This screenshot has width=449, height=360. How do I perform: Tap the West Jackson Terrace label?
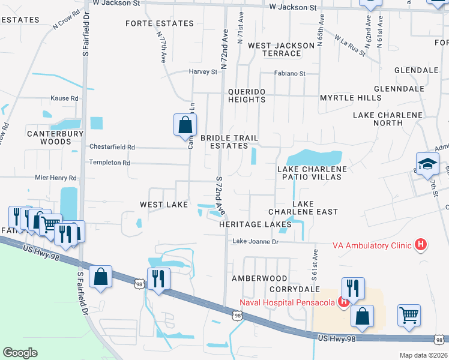point(281,49)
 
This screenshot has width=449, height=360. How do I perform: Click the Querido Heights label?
point(247,95)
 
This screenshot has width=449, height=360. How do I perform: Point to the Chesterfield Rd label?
point(112,146)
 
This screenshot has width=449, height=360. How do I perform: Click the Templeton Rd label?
point(109,163)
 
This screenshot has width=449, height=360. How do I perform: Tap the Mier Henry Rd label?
point(56,178)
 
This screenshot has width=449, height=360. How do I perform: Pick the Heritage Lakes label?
point(246,224)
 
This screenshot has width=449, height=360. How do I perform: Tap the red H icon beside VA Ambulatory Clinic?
point(421,244)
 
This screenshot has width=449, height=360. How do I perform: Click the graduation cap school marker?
point(428,164)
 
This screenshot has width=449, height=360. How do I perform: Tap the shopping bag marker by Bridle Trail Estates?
point(185,125)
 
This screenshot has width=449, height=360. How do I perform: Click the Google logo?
point(20,353)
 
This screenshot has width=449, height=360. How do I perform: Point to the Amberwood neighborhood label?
point(260,279)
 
